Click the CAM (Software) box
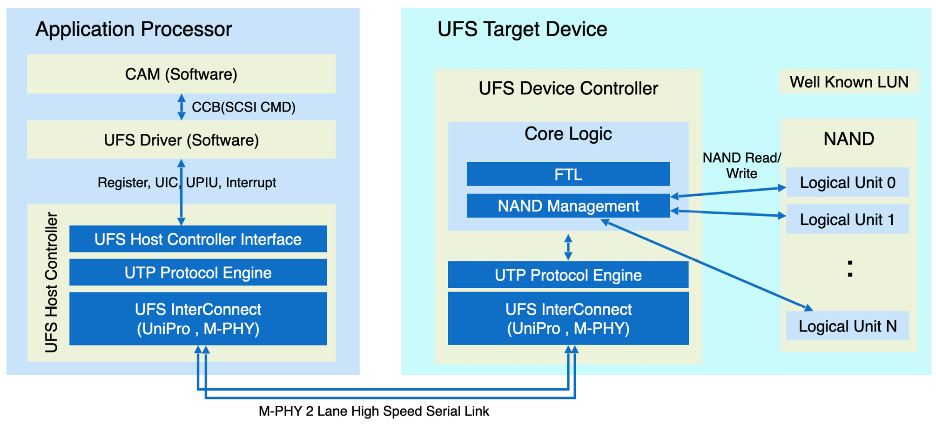(x=181, y=74)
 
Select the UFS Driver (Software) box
(x=181, y=140)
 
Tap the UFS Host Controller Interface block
(x=198, y=239)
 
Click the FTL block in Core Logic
(x=568, y=174)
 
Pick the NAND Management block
(x=568, y=205)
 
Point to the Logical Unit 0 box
(x=847, y=182)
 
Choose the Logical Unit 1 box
(x=847, y=219)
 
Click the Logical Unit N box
(x=847, y=326)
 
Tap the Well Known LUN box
(x=848, y=82)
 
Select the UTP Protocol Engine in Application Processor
(x=198, y=272)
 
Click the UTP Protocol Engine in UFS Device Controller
(x=568, y=275)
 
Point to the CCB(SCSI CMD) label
(x=243, y=107)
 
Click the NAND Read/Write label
(x=741, y=166)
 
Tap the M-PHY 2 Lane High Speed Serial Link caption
(x=374, y=411)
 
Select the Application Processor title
(x=134, y=29)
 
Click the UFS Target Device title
(x=522, y=29)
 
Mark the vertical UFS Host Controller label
(x=51, y=282)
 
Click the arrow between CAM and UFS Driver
(x=182, y=107)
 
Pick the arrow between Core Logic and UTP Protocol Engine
(x=568, y=246)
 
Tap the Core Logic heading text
(x=568, y=134)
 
